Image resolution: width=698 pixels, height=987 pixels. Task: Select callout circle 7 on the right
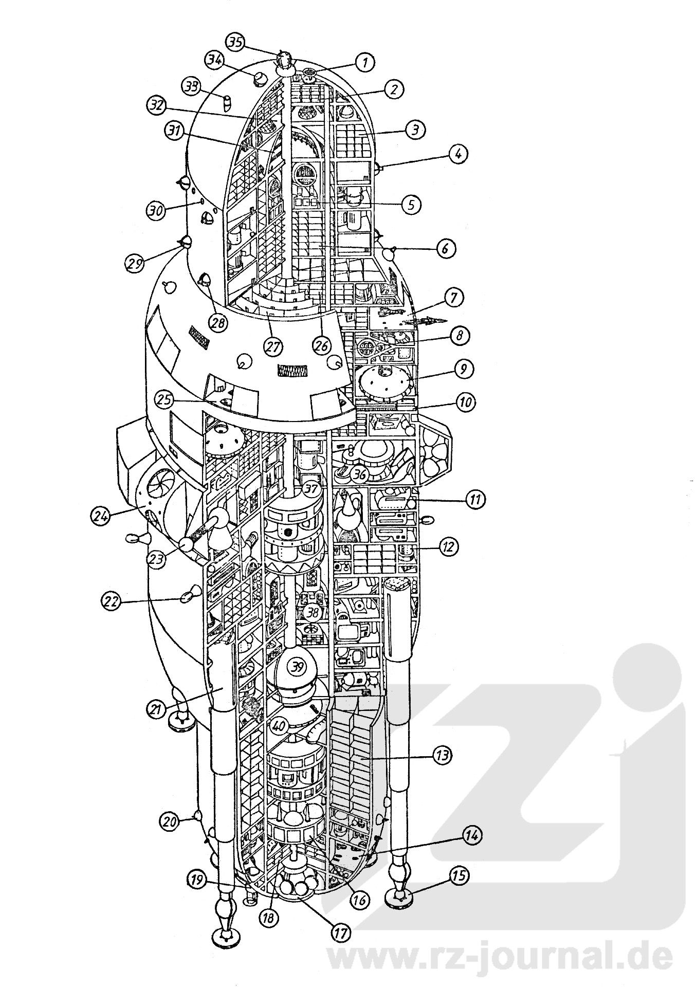pyautogui.click(x=455, y=298)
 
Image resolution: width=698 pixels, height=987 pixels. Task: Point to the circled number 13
pyautogui.click(x=443, y=755)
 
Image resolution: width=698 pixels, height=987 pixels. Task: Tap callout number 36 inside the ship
pyautogui.click(x=360, y=476)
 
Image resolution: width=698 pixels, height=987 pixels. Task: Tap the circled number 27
pyautogui.click(x=273, y=346)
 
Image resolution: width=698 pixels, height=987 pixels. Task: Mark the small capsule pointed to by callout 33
pyautogui.click(x=226, y=103)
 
